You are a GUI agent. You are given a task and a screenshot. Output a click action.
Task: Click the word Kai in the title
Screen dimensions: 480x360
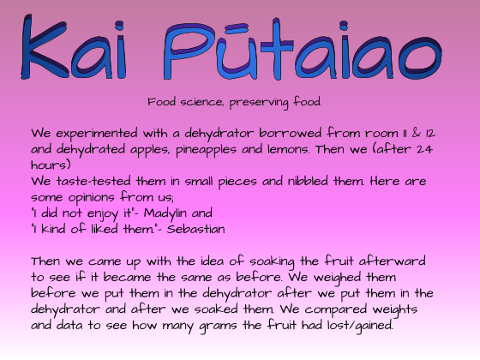tap(74, 47)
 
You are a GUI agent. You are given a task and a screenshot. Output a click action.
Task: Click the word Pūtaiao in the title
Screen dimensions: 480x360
tap(302, 49)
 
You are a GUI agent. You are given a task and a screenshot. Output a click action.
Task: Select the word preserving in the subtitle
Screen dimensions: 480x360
tap(259, 102)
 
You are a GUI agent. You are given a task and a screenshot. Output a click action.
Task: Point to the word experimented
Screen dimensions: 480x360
tap(97, 134)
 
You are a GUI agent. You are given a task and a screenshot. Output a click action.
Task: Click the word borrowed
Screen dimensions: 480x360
tap(291, 133)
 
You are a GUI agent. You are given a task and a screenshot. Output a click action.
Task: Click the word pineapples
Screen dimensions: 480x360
tap(206, 150)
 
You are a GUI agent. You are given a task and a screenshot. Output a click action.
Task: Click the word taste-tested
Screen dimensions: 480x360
tap(93, 181)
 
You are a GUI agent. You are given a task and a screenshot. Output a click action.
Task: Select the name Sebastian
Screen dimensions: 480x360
tap(195, 229)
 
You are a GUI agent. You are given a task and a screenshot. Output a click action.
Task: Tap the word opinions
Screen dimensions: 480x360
tap(91, 198)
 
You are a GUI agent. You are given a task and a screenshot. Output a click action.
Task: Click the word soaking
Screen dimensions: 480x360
tap(272, 262)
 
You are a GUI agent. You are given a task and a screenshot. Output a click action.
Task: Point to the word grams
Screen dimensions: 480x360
tap(218, 327)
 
